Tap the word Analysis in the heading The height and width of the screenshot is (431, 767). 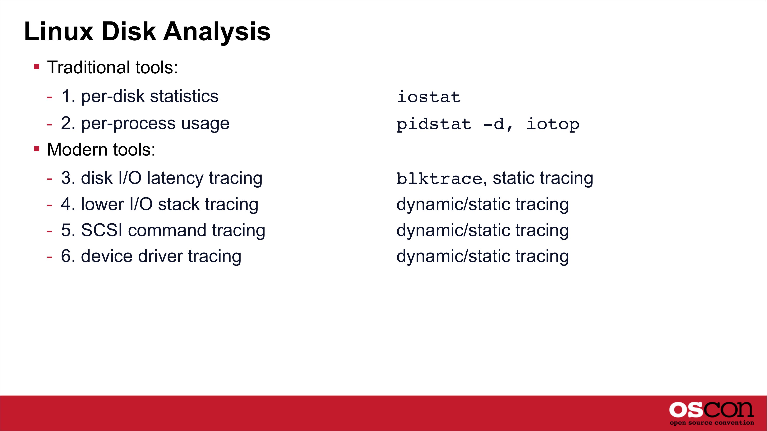(217, 32)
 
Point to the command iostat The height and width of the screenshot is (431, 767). (429, 97)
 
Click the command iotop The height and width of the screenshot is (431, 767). (553, 124)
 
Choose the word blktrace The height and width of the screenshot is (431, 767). (439, 179)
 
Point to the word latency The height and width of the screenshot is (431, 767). (175, 179)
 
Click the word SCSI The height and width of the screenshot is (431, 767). (102, 230)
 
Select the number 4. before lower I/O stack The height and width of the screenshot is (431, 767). (68, 204)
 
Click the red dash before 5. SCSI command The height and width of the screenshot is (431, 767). (50, 231)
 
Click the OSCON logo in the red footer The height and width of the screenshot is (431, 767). (712, 410)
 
